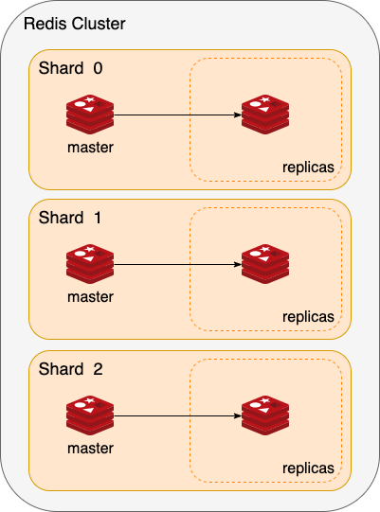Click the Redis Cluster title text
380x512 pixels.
click(75, 24)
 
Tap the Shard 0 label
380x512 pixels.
click(71, 68)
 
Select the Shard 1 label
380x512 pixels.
click(70, 218)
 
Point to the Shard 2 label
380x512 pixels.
click(71, 369)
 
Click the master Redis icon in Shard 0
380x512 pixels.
click(90, 115)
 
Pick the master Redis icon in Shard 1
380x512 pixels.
click(90, 264)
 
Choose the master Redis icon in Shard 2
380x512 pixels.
click(90, 415)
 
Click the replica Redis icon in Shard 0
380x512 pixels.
click(265, 115)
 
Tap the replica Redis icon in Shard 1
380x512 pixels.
click(265, 264)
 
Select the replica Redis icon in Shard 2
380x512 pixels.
click(265, 415)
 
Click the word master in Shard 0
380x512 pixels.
click(91, 148)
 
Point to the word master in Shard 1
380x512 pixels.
click(91, 297)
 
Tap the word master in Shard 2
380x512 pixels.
click(91, 449)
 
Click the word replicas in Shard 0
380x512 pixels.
click(308, 168)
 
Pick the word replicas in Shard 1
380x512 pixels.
click(308, 317)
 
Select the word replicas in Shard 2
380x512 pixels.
click(308, 468)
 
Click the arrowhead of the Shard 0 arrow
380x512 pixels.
click(238, 115)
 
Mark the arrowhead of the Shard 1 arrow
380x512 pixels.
click(238, 264)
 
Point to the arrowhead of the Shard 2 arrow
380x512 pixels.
click(238, 416)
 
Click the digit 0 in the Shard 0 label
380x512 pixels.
click(99, 68)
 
